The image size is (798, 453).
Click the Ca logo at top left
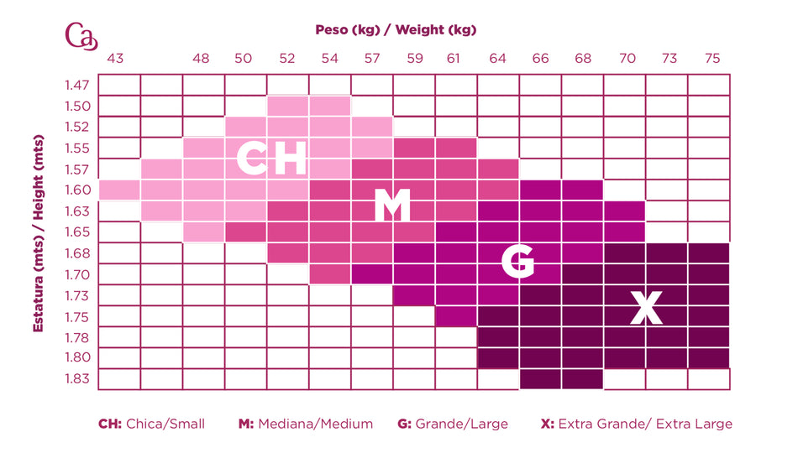(x=81, y=36)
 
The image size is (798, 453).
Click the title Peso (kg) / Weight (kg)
(x=396, y=30)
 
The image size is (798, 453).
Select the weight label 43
(x=115, y=59)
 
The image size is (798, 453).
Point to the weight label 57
(x=371, y=59)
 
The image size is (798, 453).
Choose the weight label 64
(x=498, y=59)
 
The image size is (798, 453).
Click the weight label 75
(x=712, y=59)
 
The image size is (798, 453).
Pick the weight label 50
(x=243, y=59)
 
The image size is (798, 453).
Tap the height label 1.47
(x=76, y=85)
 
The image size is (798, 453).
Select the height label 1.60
(x=76, y=190)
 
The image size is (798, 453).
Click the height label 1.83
(x=76, y=378)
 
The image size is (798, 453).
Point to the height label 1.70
(x=76, y=273)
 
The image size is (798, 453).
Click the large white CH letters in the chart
(x=270, y=159)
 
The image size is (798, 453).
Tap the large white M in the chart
(x=391, y=206)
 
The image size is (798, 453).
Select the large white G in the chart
(x=517, y=262)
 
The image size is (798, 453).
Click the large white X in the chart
(x=646, y=309)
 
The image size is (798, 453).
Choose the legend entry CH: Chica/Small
(x=151, y=424)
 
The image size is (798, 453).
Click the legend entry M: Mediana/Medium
(x=306, y=424)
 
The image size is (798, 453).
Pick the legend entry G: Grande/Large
(x=453, y=424)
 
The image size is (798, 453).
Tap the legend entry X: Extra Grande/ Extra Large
(x=637, y=424)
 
